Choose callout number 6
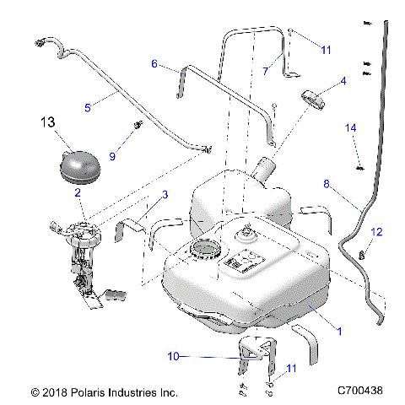point(154,63)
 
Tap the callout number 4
point(343,82)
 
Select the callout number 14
point(353,127)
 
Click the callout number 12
point(377,232)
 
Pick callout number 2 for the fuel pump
point(78,193)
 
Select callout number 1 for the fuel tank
point(339,332)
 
